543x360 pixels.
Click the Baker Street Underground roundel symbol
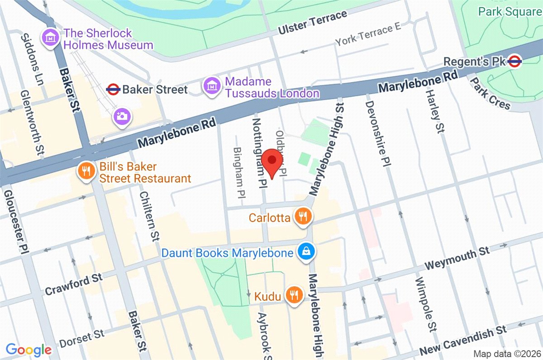tap(113, 89)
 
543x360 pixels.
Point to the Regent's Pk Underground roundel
tap(514, 61)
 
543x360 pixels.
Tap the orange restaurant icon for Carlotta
tap(302, 218)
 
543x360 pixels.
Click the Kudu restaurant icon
tap(294, 296)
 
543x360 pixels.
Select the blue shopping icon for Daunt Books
tap(307, 252)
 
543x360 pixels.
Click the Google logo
tap(29, 349)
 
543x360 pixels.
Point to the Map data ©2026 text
tap(506, 353)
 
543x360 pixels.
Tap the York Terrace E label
tap(368, 35)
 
